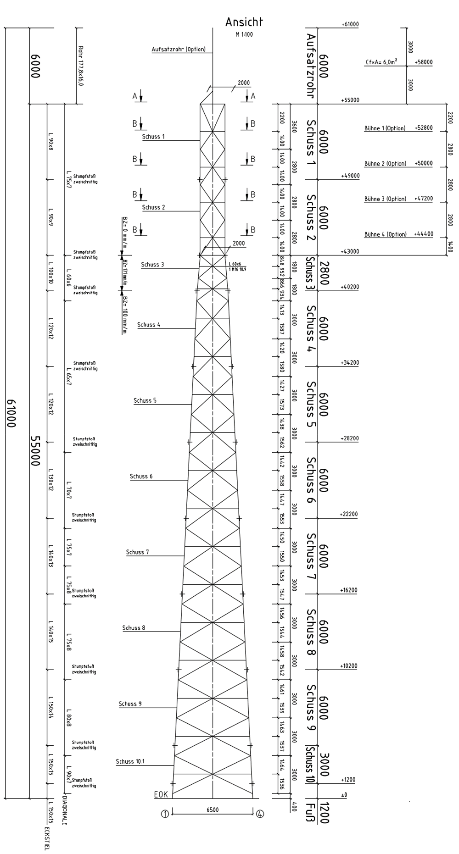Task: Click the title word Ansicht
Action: [x=244, y=22]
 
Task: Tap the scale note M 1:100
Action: [x=244, y=34]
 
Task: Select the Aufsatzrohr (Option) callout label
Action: [x=179, y=50]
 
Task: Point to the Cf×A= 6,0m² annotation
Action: [x=381, y=62]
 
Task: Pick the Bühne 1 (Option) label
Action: [x=385, y=128]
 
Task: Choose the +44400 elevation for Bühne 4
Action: [x=423, y=234]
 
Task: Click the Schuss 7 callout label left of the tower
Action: [x=137, y=552]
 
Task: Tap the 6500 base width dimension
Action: [x=213, y=810]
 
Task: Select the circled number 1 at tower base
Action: [x=165, y=814]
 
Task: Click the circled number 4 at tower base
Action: [x=260, y=814]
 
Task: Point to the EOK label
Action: [x=161, y=795]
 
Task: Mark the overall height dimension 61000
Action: [x=11, y=413]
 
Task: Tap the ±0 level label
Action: [x=344, y=795]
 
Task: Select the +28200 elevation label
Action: [x=349, y=439]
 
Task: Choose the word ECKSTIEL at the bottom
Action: [x=47, y=839]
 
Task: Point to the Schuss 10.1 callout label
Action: [x=130, y=762]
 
